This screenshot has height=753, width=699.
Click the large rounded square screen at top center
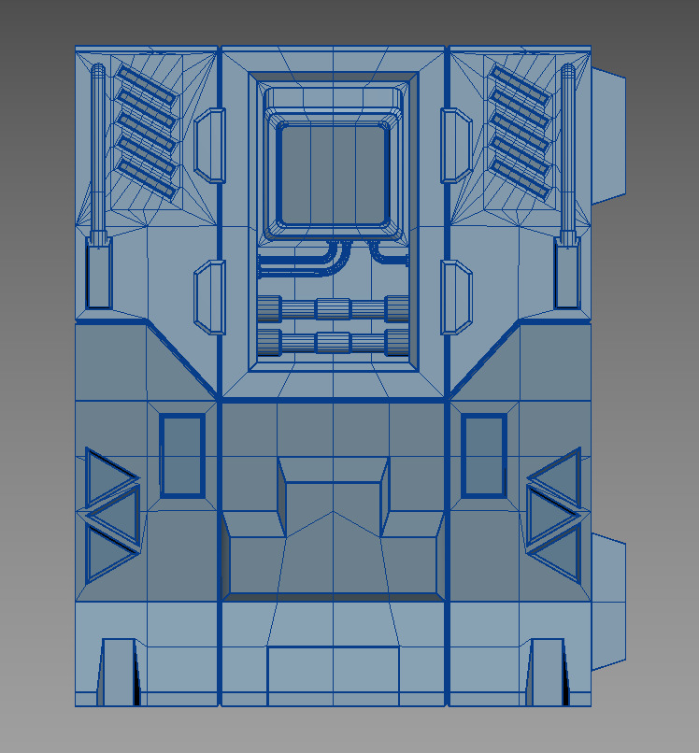(x=333, y=175)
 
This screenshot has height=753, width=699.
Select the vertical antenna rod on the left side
(x=98, y=149)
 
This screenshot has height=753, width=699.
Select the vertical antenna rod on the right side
(x=567, y=149)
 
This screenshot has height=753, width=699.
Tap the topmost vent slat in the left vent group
(x=146, y=80)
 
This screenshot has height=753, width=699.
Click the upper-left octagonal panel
(x=210, y=145)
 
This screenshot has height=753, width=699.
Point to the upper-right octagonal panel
(x=456, y=145)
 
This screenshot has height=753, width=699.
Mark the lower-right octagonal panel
(x=456, y=297)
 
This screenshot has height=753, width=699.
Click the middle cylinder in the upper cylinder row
(x=333, y=309)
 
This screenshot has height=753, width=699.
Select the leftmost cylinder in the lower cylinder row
(x=269, y=343)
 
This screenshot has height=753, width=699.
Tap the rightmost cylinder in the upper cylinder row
(x=397, y=309)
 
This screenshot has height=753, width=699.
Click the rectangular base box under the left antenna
(x=98, y=273)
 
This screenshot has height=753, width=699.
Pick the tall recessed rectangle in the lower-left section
(x=181, y=455)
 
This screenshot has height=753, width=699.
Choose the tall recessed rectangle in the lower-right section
(x=484, y=455)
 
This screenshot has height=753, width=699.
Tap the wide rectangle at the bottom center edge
(x=333, y=675)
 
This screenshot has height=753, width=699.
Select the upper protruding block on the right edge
(x=608, y=135)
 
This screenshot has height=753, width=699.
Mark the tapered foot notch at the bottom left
(x=119, y=671)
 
